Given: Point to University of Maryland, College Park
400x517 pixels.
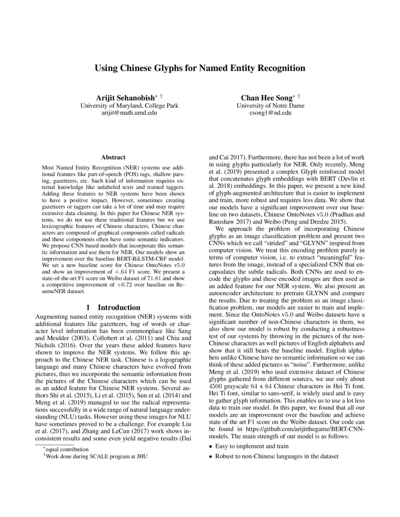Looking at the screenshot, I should pos(129,106).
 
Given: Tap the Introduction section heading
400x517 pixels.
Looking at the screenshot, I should pos(119,307).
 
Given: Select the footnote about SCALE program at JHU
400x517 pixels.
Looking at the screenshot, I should pos(97,456).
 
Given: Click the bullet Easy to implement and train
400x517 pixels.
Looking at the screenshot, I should pos(252,446).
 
